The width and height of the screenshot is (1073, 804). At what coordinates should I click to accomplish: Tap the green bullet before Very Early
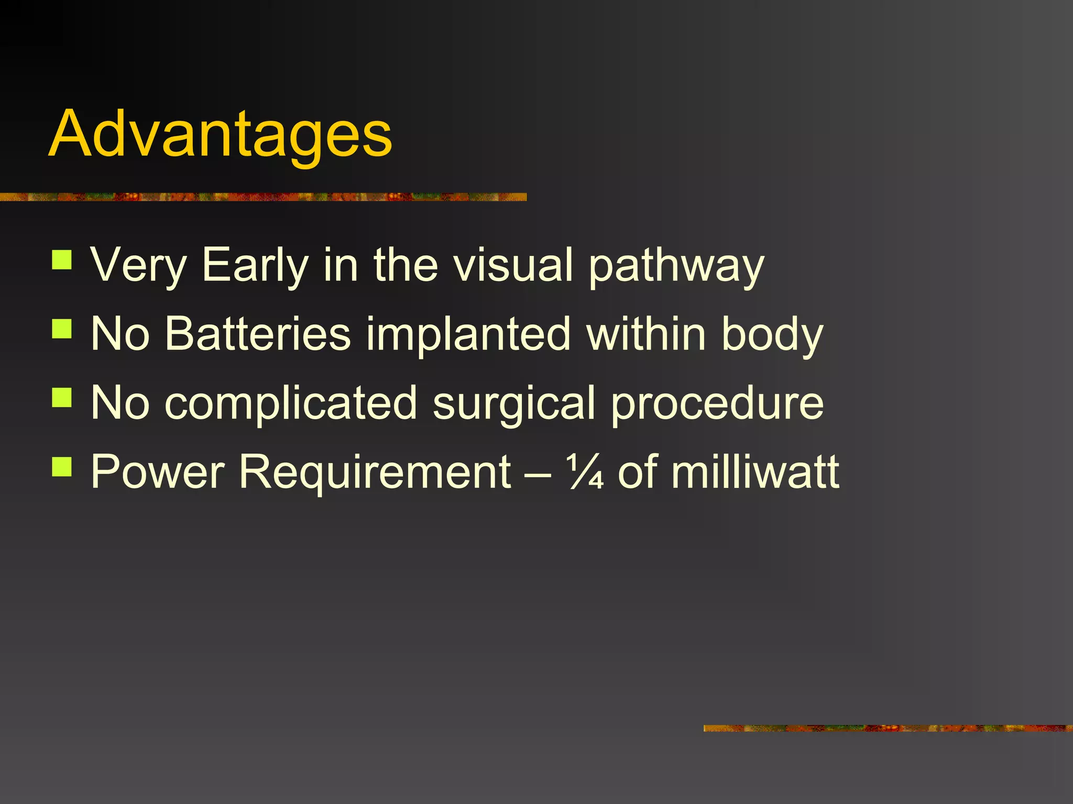pyautogui.click(x=62, y=260)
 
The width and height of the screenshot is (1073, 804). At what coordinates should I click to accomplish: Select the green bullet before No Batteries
pyautogui.click(x=62, y=329)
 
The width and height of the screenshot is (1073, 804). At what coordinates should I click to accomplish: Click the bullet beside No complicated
pyautogui.click(x=62, y=397)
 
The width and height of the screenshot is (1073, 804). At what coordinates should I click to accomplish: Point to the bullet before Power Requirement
pyautogui.click(x=62, y=466)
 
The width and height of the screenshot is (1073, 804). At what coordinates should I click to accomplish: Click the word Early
pyautogui.click(x=255, y=266)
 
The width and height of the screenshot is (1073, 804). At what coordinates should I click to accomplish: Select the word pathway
pyautogui.click(x=676, y=266)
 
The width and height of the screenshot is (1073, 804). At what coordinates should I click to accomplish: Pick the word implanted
pyautogui.click(x=468, y=335)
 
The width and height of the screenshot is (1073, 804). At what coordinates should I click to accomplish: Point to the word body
pyautogui.click(x=772, y=335)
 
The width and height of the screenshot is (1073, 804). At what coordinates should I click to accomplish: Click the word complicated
pyautogui.click(x=291, y=403)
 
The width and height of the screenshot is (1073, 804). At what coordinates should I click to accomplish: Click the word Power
pyautogui.click(x=157, y=472)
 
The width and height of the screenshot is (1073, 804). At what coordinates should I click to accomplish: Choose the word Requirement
pyautogui.click(x=375, y=472)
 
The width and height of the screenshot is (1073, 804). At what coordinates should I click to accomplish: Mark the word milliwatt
pyautogui.click(x=755, y=472)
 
